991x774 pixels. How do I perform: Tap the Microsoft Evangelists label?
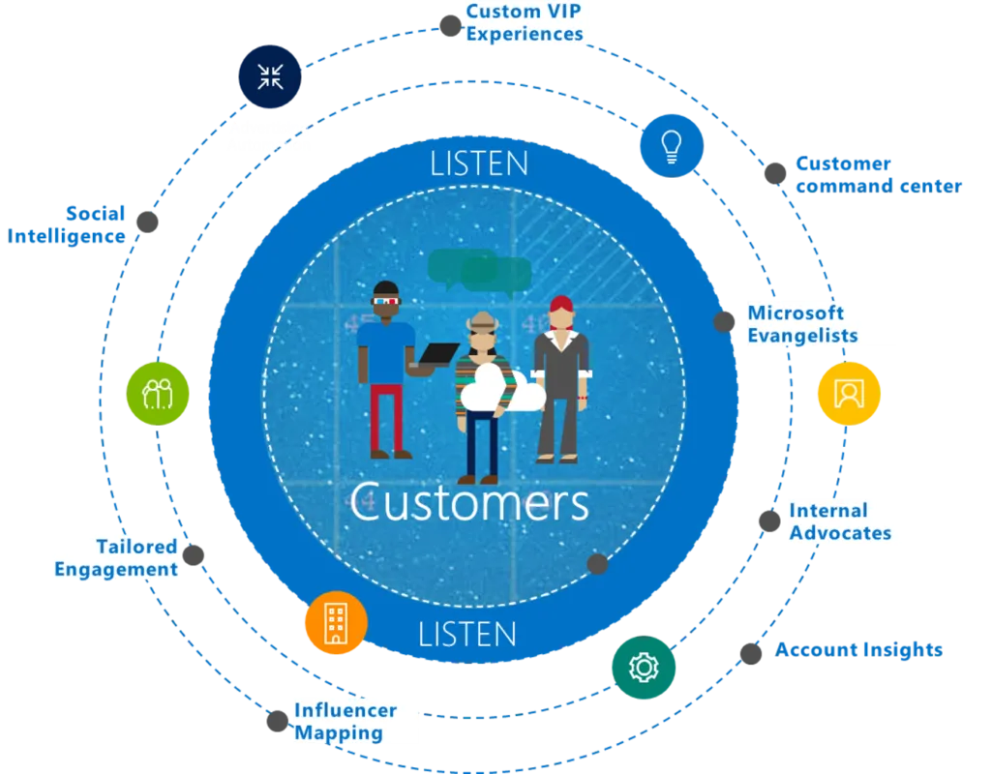tap(802, 324)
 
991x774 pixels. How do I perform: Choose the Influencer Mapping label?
tap(345, 722)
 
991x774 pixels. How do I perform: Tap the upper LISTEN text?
tap(480, 163)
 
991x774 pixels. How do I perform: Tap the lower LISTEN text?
tap(467, 635)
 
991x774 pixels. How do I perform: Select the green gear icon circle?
tap(643, 667)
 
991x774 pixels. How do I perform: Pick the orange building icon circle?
tap(335, 622)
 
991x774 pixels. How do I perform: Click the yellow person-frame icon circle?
tap(849, 393)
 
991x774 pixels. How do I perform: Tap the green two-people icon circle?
tap(158, 393)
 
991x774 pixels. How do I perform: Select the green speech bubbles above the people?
tap(479, 270)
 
